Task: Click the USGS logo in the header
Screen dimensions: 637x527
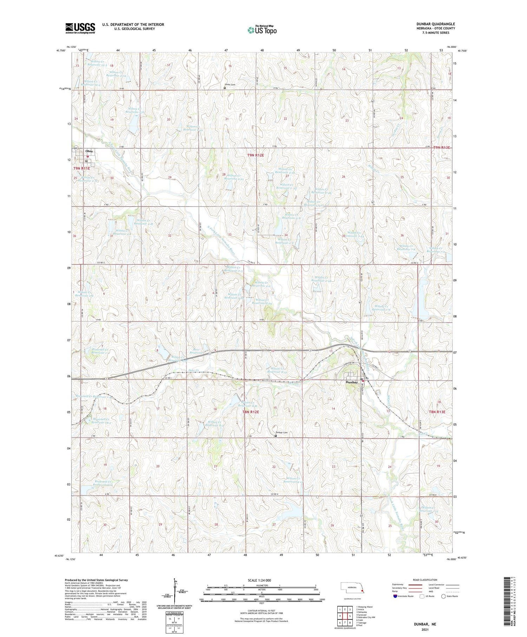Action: tap(80, 28)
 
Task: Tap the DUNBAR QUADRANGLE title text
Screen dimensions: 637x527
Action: tap(435, 24)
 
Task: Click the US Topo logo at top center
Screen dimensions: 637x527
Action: tap(262, 30)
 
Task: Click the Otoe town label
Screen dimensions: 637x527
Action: tap(89, 151)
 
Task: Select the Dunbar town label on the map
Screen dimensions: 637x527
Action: tap(351, 382)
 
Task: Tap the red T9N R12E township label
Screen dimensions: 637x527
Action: tap(258, 155)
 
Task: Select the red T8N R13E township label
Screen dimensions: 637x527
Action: tap(437, 412)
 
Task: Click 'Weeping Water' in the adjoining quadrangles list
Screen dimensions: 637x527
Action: tap(365, 607)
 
